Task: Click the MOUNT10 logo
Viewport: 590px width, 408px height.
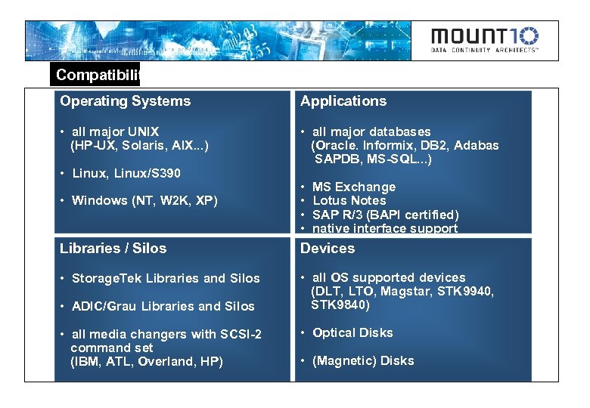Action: (485, 40)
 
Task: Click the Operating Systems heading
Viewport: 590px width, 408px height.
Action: (125, 101)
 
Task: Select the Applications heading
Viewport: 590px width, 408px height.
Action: (343, 101)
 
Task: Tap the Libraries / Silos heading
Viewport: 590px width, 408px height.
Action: (113, 249)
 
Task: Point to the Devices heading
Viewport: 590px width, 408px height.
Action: (328, 249)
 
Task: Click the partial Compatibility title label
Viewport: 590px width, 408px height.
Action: (97, 75)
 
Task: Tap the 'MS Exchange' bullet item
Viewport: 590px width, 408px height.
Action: (353, 187)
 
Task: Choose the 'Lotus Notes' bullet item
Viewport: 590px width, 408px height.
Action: (349, 201)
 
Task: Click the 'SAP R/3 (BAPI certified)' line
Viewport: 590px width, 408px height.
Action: (385, 215)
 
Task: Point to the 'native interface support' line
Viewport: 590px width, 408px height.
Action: (384, 228)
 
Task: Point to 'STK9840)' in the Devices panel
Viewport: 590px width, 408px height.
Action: (340, 306)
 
